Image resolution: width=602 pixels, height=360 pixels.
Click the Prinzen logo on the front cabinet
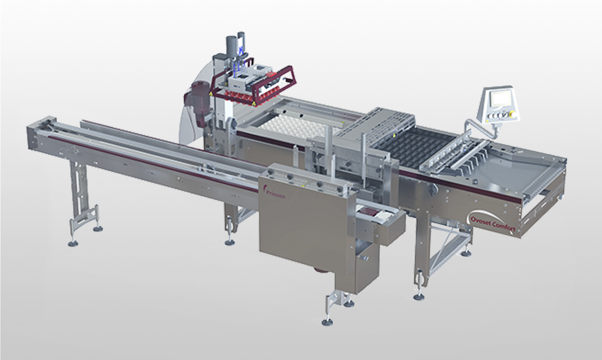(274, 193)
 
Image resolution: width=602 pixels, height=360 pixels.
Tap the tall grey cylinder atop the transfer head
(231, 48)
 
